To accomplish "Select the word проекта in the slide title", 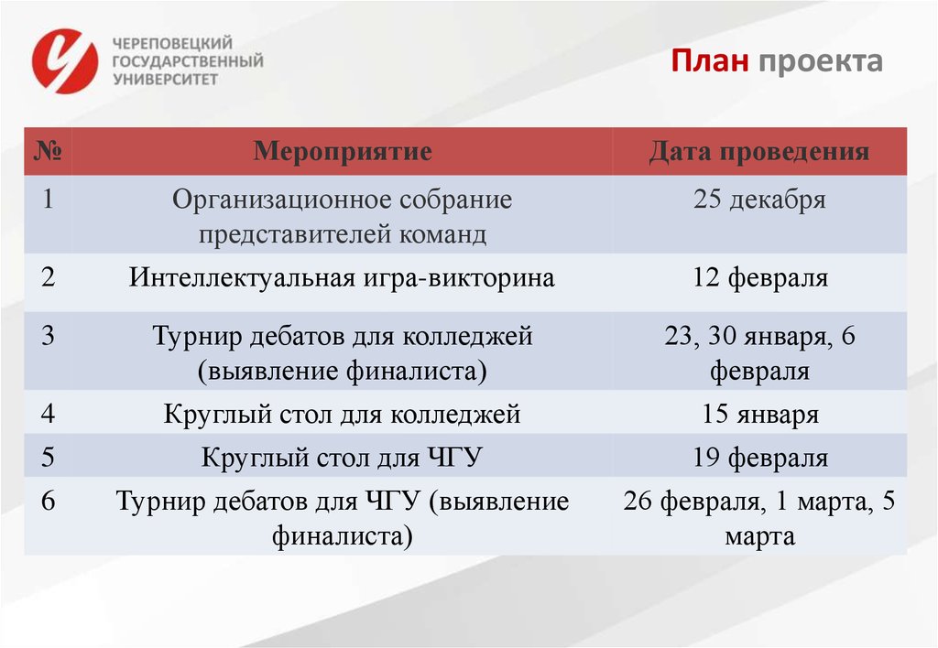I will [x=820, y=61].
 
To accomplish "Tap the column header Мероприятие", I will [x=343, y=151].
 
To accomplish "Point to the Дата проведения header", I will [x=759, y=151].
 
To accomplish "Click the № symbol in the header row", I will [x=48, y=151].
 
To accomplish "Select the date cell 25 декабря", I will [x=759, y=200].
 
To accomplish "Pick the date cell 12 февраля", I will [x=759, y=277].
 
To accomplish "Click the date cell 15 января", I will [x=759, y=415].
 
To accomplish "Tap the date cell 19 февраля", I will [x=759, y=458].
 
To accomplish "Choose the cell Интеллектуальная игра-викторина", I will [x=342, y=277].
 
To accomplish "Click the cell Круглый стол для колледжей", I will [x=342, y=415].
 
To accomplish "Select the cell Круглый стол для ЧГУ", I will [x=342, y=458].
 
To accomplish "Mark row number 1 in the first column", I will [x=48, y=200].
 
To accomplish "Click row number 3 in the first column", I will [x=48, y=336].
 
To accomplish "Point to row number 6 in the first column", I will [x=48, y=501].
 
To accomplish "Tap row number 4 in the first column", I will [x=48, y=415].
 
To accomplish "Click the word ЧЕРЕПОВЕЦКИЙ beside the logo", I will [x=172, y=44].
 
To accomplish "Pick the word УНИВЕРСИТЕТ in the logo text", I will [x=165, y=80].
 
